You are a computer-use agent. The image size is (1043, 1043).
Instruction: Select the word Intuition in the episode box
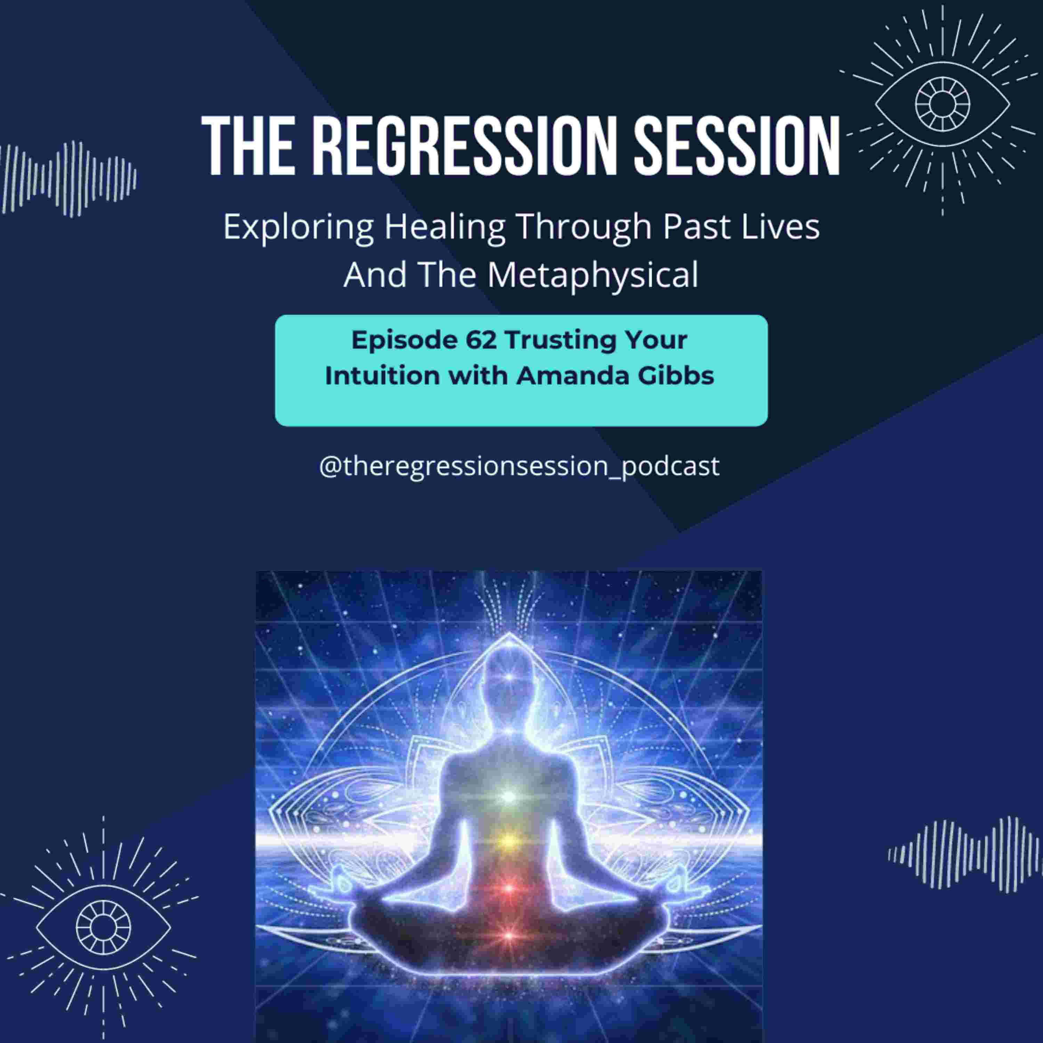click(x=383, y=376)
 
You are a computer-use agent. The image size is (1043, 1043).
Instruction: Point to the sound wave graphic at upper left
click(x=67, y=179)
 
